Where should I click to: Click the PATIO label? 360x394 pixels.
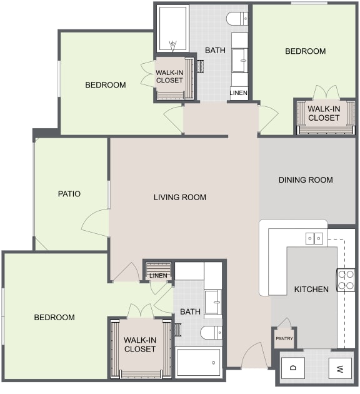(x=69, y=194)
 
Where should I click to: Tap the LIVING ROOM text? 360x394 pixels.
(x=180, y=198)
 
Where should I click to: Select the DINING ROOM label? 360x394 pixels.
(x=306, y=180)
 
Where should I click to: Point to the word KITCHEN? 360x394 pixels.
(x=311, y=290)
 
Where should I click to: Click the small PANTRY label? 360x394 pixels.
(x=284, y=338)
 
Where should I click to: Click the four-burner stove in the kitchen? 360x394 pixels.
(x=346, y=280)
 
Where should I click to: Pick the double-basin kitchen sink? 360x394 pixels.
(x=314, y=238)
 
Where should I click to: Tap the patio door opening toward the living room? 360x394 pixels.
(x=96, y=222)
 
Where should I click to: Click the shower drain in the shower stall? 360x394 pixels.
(x=173, y=45)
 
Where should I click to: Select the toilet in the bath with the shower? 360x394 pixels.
(x=239, y=19)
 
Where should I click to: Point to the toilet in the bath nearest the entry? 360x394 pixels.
(x=211, y=332)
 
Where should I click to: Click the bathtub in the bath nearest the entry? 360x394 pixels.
(x=198, y=362)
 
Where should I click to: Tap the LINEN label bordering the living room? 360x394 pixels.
(x=158, y=276)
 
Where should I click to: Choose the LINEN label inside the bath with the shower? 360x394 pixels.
(x=238, y=93)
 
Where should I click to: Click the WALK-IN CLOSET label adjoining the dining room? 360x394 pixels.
(x=324, y=113)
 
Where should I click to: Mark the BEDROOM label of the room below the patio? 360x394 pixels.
(x=54, y=318)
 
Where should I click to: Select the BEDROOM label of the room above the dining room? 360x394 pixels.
(x=305, y=51)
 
